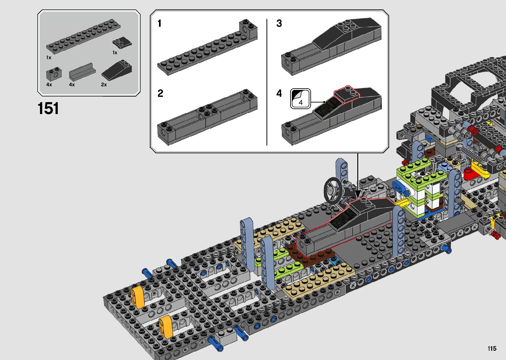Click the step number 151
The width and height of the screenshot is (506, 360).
point(48,108)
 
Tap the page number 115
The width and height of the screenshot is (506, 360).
point(492,348)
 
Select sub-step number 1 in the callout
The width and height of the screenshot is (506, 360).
point(160,23)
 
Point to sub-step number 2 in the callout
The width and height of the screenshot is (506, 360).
point(160,93)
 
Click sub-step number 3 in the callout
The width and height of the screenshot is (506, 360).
point(279,23)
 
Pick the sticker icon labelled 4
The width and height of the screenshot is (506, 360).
point(300,99)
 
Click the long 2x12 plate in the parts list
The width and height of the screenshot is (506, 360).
point(83,36)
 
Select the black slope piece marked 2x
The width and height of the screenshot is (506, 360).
point(117,70)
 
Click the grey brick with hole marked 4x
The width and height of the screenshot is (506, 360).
point(54,73)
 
